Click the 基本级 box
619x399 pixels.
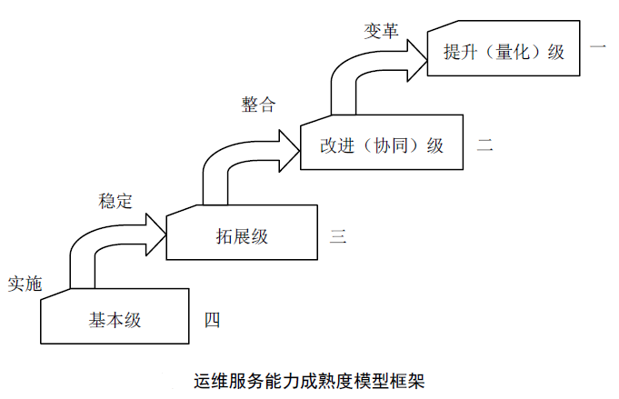pyautogui.click(x=116, y=319)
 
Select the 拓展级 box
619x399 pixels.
pyautogui.click(x=242, y=236)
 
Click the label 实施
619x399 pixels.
pyautogui.click(x=25, y=283)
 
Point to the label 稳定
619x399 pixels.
pyautogui.click(x=115, y=201)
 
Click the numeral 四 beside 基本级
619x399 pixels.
pyautogui.click(x=212, y=319)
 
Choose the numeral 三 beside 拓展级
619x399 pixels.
pyautogui.click(x=338, y=237)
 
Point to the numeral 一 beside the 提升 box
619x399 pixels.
pyautogui.click(x=597, y=45)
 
